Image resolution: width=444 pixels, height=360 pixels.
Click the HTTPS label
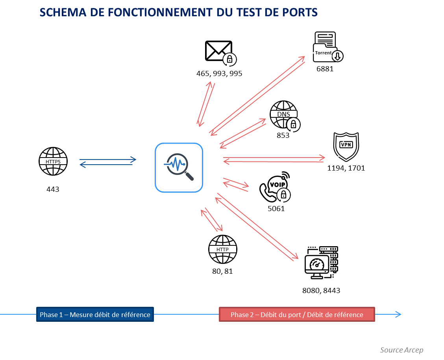tap(53, 161)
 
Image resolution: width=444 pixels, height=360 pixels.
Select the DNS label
tap(283, 114)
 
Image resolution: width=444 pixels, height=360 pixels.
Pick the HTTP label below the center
tap(222, 249)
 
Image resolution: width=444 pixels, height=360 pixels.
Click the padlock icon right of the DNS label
tap(293, 125)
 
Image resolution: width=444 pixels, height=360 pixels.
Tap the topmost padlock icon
tap(229, 59)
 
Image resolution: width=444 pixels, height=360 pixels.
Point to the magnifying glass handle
tap(189, 176)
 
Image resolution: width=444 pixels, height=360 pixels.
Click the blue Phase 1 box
tap(95, 315)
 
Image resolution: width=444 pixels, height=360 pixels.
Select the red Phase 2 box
tap(297, 315)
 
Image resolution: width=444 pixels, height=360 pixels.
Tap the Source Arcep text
tap(401, 350)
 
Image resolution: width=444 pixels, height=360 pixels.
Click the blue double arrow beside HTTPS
tap(107, 162)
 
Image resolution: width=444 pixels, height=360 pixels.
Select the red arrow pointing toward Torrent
tap(257, 95)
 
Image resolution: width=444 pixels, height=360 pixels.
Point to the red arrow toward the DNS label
tap(242, 133)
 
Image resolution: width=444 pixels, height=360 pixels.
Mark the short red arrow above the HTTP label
tap(212, 219)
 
